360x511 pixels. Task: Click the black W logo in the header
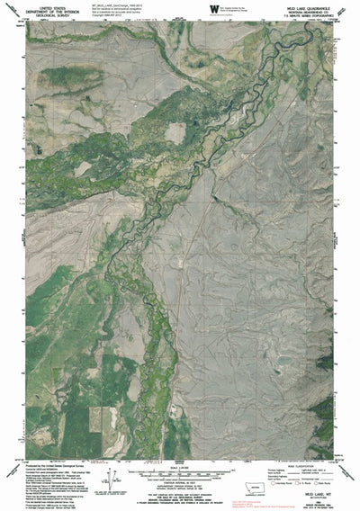tap(211, 9)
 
